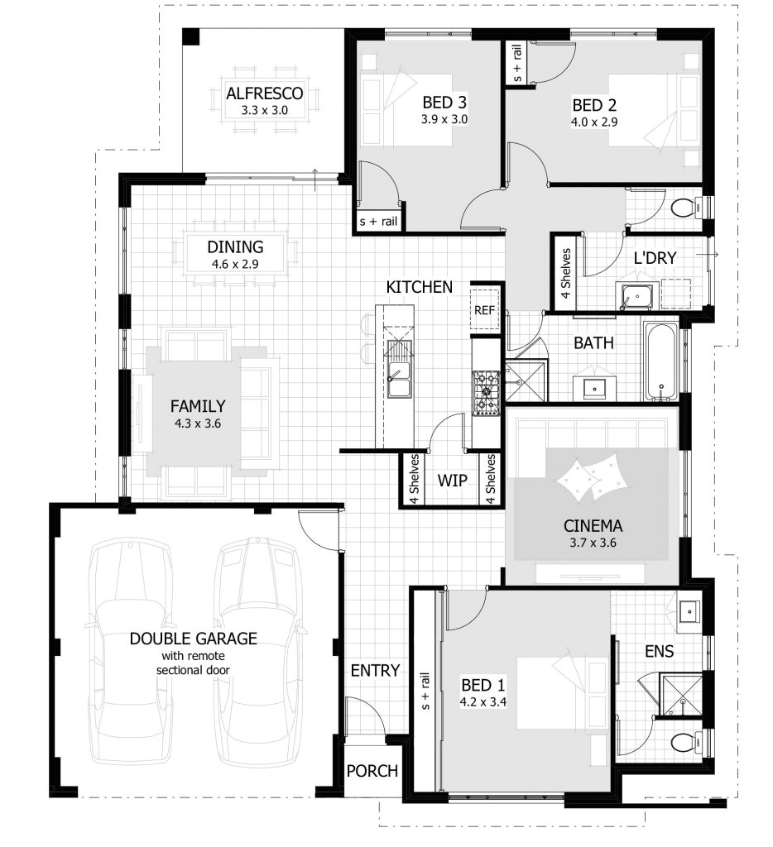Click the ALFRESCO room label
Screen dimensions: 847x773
click(265, 93)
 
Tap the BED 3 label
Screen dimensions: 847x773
click(445, 103)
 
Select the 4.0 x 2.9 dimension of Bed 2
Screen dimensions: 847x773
click(594, 122)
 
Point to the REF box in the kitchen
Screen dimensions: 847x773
click(484, 310)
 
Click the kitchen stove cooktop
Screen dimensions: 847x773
click(487, 392)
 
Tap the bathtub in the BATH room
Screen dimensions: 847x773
click(661, 361)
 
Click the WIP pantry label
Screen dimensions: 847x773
click(452, 481)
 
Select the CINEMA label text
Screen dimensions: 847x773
click(593, 525)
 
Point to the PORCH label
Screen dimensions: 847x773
click(372, 771)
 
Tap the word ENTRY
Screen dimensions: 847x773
click(375, 670)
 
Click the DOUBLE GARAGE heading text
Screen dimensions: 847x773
click(193, 639)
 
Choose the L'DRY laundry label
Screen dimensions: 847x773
click(655, 258)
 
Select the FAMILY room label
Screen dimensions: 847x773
click(198, 406)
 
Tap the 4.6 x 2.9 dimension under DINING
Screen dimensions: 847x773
click(235, 265)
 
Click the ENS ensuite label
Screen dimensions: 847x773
click(660, 652)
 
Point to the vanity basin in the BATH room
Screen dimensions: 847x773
click(594, 387)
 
